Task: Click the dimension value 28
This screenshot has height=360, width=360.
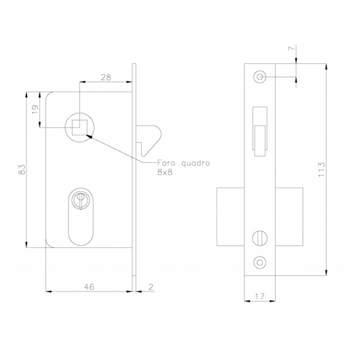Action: point(106,77)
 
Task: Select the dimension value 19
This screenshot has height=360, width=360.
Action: point(35,109)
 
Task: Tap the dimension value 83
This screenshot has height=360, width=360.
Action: point(22,169)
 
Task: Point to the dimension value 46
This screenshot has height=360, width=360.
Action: point(89,287)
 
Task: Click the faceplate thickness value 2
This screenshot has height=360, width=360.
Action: point(151,287)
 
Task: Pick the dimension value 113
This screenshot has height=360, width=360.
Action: point(322,169)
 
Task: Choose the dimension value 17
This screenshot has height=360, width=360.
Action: point(259,297)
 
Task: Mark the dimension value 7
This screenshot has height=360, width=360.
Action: point(291,48)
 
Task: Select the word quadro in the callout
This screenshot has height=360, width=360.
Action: point(196,164)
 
